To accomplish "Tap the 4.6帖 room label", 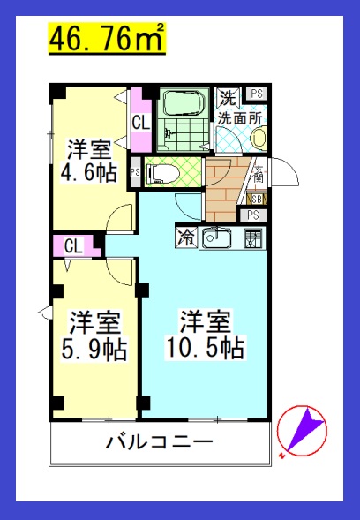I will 88,159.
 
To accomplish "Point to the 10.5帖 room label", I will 205,334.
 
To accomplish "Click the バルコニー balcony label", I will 159,441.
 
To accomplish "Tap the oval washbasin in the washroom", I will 259,138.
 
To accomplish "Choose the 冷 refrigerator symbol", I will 187,236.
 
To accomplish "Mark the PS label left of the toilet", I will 134,172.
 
